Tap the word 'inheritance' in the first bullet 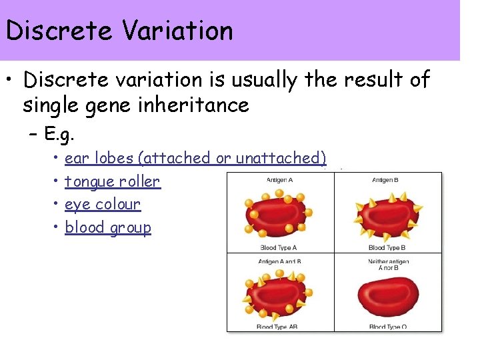201,105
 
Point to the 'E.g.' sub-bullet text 59,135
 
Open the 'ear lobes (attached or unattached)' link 195,158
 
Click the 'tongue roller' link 112,181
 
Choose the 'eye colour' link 103,204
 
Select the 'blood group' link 108,227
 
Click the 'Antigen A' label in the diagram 280,180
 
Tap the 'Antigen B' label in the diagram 385,180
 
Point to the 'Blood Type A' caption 279,247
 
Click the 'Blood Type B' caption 387,247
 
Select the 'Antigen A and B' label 279,261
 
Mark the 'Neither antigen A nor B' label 388,265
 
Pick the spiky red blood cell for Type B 387,215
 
